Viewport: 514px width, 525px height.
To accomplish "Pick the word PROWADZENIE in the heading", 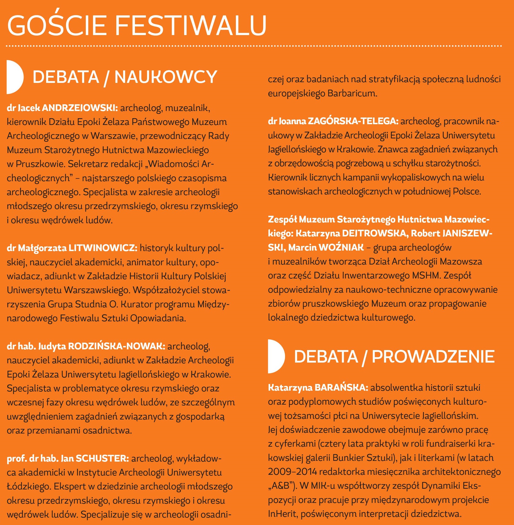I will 433,357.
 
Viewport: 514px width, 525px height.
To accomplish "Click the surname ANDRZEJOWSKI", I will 80,108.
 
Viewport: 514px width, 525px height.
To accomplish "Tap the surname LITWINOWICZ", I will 103,248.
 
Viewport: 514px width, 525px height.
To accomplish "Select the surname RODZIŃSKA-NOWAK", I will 116,346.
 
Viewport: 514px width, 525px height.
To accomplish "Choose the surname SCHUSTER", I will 102,458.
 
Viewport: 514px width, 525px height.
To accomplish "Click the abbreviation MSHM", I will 426,276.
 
